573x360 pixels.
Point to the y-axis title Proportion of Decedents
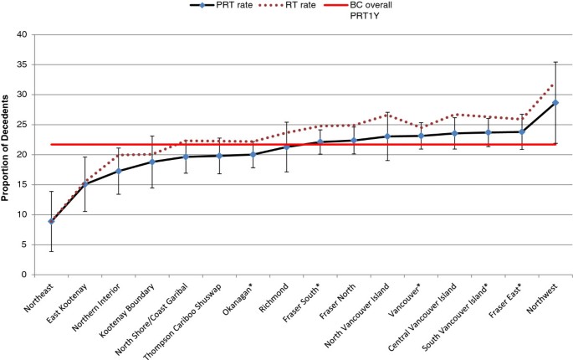coord(7,155)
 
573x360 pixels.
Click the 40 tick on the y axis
coord(23,35)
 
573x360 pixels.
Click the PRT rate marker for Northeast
coord(52,221)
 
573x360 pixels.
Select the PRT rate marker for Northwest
coord(555,103)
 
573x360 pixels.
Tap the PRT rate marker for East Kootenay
coord(85,184)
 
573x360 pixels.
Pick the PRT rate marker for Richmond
coord(286,147)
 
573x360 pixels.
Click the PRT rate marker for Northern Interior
coord(119,171)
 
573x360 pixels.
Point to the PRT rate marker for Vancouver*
coord(421,136)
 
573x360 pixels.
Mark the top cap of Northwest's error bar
coord(555,62)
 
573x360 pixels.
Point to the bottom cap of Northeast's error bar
coord(52,251)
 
